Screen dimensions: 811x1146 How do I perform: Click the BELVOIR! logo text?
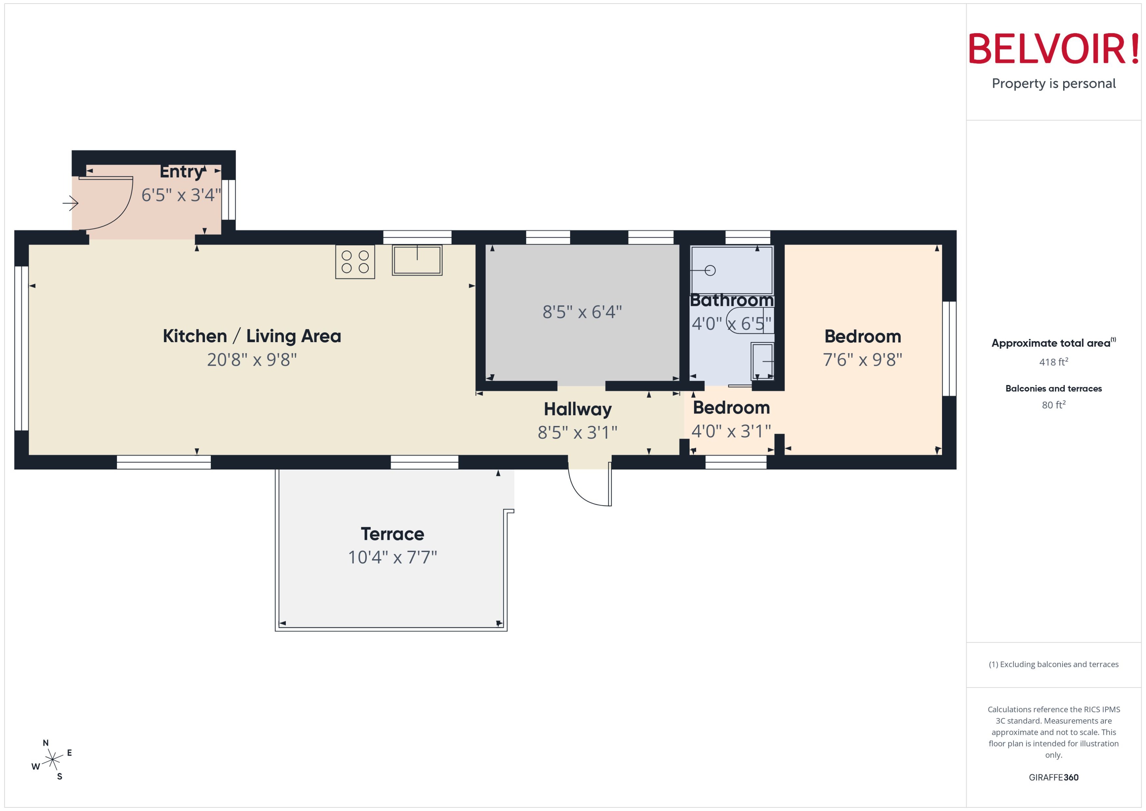1054,48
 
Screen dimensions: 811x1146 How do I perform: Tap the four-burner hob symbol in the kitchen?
355,262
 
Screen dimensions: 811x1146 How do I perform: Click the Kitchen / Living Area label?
252,336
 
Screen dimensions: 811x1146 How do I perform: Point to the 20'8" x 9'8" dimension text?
252,359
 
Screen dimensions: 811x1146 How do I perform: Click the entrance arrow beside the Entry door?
70,203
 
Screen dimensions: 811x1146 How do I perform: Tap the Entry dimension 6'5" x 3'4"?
181,195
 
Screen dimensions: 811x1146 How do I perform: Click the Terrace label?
393,534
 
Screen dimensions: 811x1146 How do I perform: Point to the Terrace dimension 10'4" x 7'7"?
393,557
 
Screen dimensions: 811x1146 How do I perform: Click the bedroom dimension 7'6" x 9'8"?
862,359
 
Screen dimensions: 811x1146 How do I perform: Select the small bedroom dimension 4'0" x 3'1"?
731,431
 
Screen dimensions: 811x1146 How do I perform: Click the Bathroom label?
731,300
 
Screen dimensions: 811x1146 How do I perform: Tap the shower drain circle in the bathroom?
710,270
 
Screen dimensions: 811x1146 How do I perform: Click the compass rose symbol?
52,760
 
